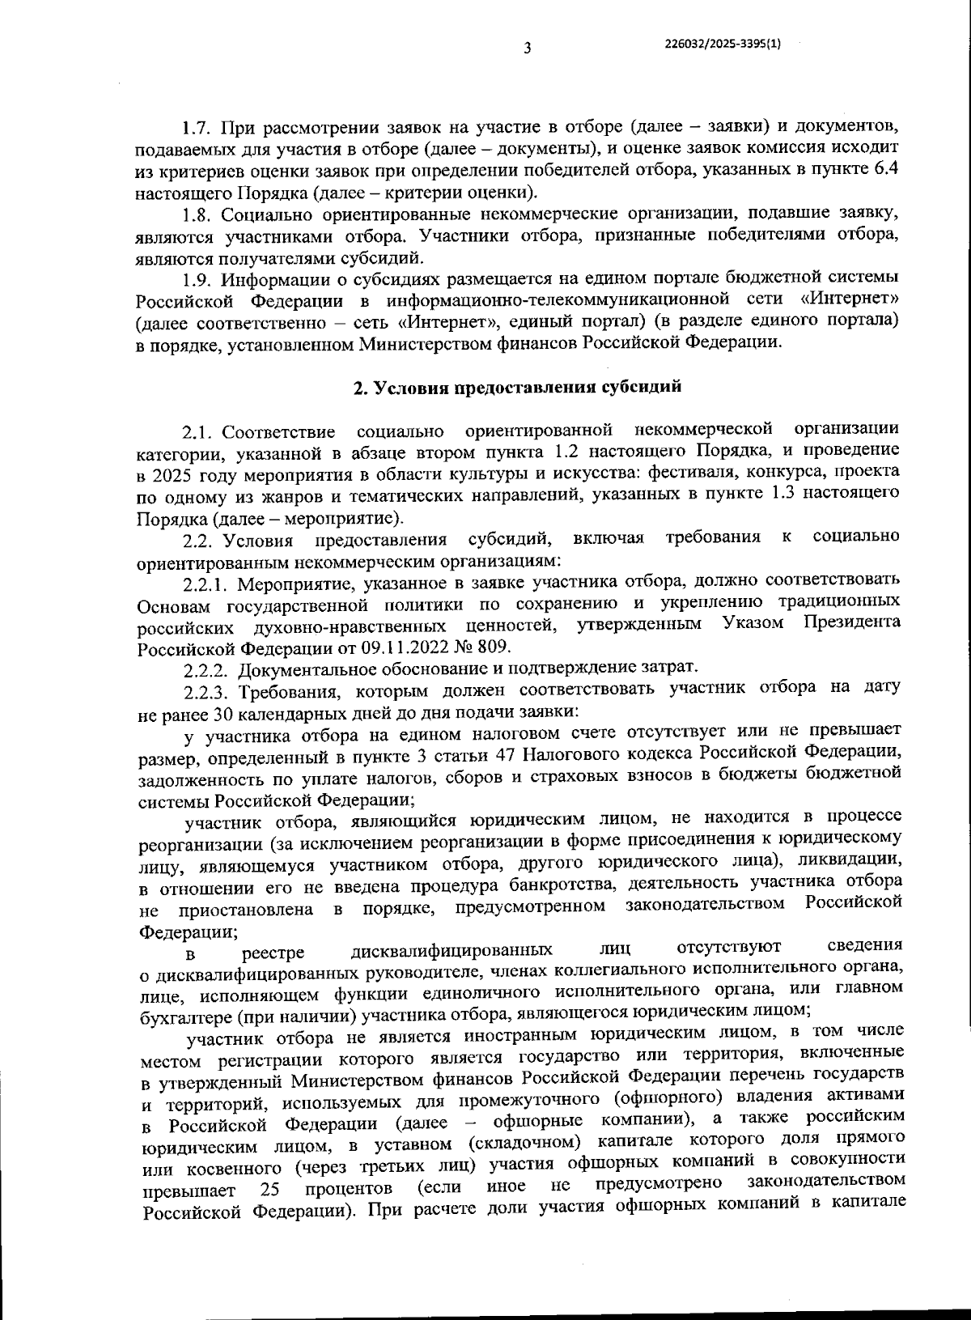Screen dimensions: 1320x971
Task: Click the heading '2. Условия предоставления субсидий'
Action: click(518, 387)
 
